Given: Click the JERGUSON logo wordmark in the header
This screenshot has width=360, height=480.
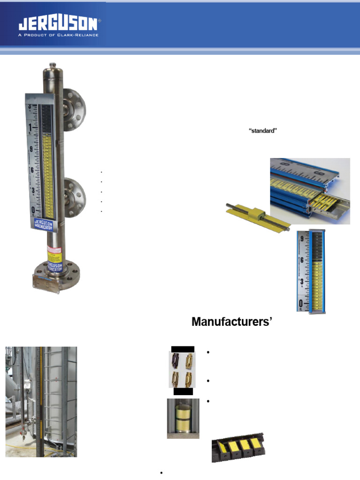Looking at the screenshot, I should [x=59, y=24].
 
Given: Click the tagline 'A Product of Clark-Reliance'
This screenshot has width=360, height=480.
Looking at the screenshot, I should [x=59, y=35].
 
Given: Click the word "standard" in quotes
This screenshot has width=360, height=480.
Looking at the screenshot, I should [x=263, y=131].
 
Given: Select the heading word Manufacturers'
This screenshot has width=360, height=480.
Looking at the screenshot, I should [x=232, y=322].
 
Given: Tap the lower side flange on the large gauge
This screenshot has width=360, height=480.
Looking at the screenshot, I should [x=75, y=198].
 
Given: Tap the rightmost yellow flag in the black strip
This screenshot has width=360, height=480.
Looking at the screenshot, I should [x=255, y=443].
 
